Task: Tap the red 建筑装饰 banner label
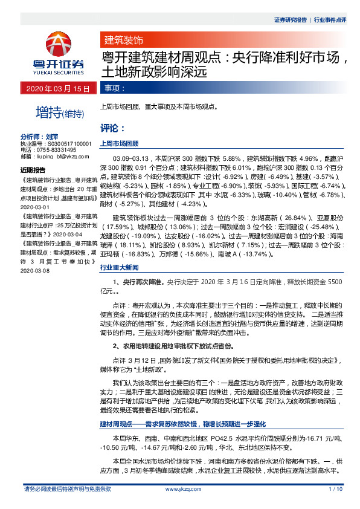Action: click(123, 41)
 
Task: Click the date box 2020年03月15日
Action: click(57, 89)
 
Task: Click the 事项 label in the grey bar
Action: click(115, 89)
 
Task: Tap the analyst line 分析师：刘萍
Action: click(43, 137)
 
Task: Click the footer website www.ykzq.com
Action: click(179, 488)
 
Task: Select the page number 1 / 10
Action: click(336, 488)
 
